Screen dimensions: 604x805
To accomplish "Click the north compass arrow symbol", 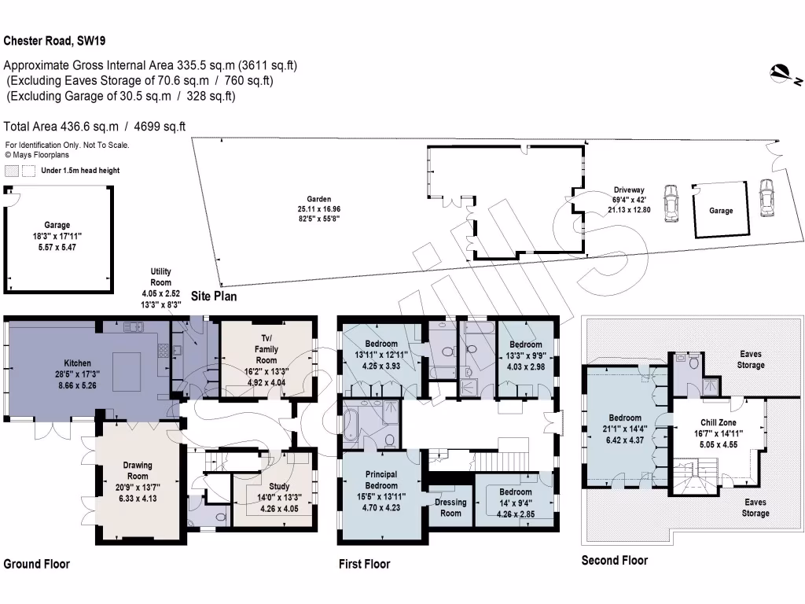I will coord(784,75).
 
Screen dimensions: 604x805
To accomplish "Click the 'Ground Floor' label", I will coord(37,564).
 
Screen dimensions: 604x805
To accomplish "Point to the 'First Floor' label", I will coord(364,564).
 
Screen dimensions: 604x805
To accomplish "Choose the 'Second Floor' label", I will coord(614,560).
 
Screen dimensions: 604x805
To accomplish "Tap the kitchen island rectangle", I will coord(127,372).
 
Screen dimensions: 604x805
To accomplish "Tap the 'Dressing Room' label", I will coord(450,507).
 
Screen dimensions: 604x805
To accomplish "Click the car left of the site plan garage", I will coord(671,204).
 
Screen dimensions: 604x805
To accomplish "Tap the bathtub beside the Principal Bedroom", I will coord(358,425).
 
